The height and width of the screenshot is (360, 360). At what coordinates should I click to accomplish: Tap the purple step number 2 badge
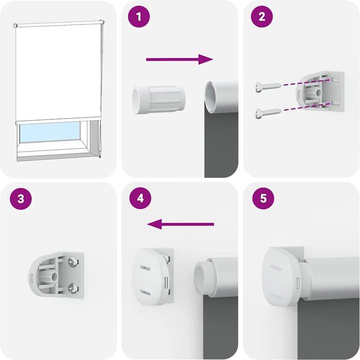coord(261,17)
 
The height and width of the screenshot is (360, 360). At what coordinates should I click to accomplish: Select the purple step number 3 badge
coord(20,198)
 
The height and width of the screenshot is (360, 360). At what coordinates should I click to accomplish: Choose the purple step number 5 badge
coord(261,198)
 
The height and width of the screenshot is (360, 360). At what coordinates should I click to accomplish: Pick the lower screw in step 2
coord(265,112)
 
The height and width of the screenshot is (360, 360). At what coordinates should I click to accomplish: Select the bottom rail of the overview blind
coord(57,121)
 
